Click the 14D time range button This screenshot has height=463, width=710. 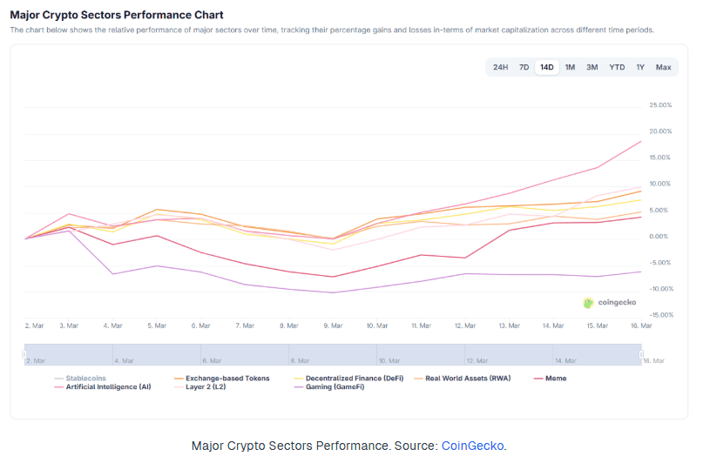coord(546,67)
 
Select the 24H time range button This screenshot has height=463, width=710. coord(500,67)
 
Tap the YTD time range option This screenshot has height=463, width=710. coord(617,67)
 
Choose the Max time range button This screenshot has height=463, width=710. coord(663,67)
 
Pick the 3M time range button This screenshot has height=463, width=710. coord(592,67)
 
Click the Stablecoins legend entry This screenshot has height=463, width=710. coord(79,379)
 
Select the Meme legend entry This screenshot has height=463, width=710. coord(551,379)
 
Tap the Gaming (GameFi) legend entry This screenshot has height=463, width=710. coord(329,387)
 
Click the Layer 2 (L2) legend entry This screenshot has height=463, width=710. coord(199,387)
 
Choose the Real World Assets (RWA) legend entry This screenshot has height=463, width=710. coord(463,379)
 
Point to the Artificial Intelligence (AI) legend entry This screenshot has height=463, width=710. coord(102,387)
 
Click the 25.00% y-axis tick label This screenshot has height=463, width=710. coord(660,105)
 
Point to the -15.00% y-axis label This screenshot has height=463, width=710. coord(661,315)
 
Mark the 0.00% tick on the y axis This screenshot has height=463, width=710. coord(659,237)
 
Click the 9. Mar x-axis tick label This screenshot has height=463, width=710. coord(334,325)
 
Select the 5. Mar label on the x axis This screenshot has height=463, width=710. coord(157,325)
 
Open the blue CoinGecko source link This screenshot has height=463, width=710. coord(472,446)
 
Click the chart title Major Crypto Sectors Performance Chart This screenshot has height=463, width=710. coord(117,15)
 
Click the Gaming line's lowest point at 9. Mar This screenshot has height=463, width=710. coord(334,292)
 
